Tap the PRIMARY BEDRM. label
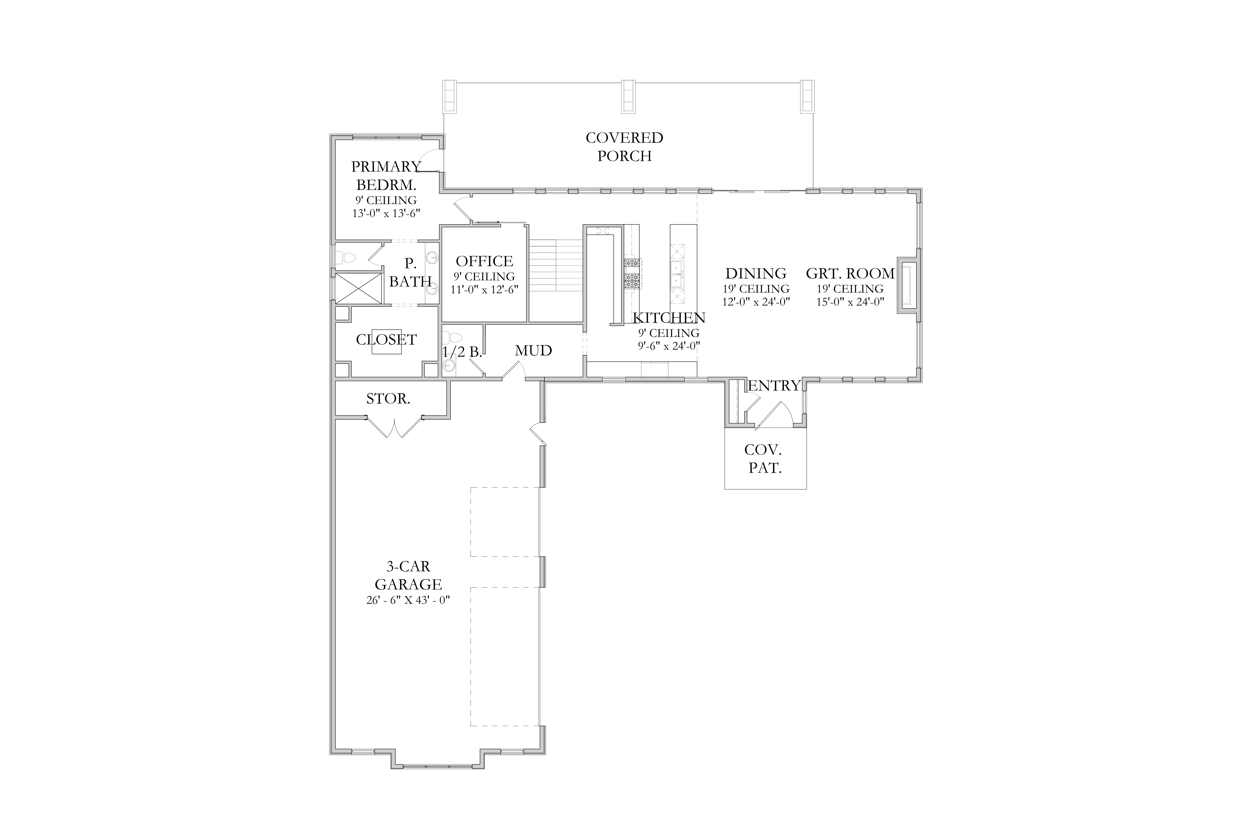pos(386,176)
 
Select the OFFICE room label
pos(484,261)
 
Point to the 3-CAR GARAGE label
pos(408,575)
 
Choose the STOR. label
pos(388,399)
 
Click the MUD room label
pos(534,351)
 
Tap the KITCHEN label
pos(669,318)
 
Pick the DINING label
pos(756,274)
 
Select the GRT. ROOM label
pos(850,274)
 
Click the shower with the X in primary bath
pos(358,288)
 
